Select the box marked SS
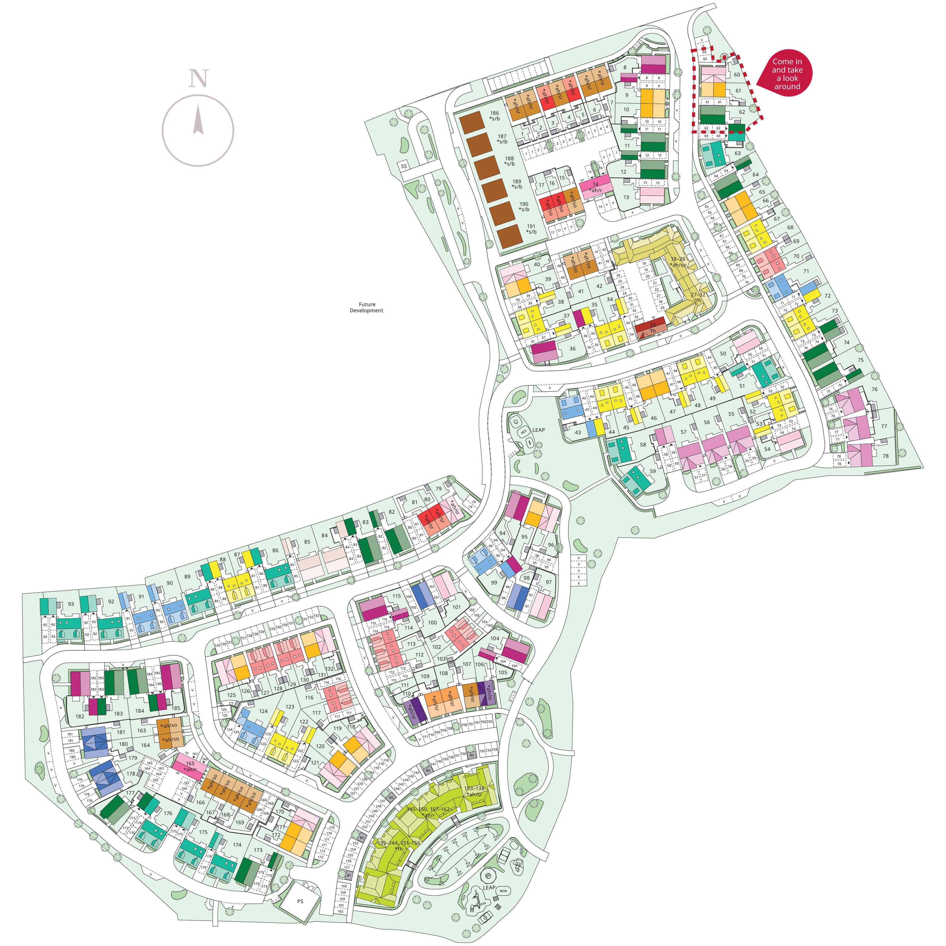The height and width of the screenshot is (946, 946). [x=404, y=166]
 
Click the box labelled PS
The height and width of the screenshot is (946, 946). [x=300, y=901]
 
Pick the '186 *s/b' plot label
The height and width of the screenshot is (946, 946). [x=495, y=116]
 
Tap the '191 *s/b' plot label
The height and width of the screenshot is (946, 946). [x=531, y=229]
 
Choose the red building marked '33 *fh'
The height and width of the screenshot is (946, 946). [x=651, y=328]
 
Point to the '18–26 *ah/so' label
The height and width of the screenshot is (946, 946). [x=678, y=262]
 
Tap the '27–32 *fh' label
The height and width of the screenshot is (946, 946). [x=698, y=297]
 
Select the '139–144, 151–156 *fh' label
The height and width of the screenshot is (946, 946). [x=399, y=846]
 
